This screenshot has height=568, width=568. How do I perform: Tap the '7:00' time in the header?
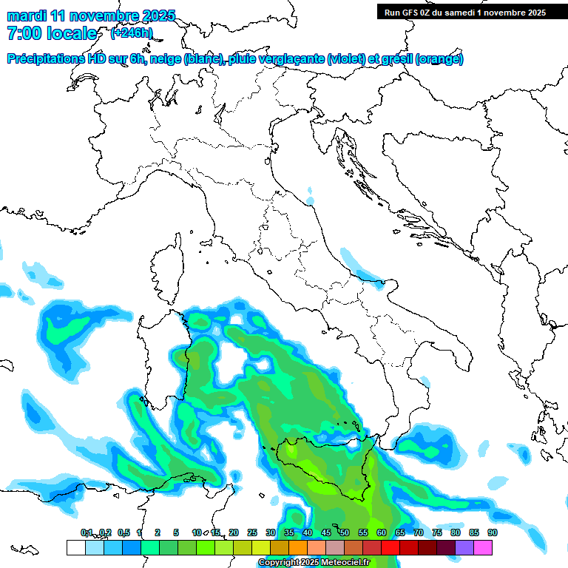click(x=24, y=33)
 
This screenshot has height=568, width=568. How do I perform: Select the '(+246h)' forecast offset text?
click(x=131, y=33)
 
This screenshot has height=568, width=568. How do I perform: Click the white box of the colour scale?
click(x=75, y=547)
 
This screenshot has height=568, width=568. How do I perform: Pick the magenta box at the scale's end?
click(x=483, y=547)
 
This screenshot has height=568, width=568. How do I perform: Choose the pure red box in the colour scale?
click(x=390, y=547)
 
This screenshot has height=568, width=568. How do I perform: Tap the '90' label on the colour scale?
click(x=492, y=533)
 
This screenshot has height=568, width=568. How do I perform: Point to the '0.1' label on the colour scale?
click(x=87, y=533)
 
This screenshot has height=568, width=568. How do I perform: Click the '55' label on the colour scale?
click(x=363, y=533)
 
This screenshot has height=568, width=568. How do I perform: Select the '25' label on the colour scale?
click(x=252, y=533)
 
